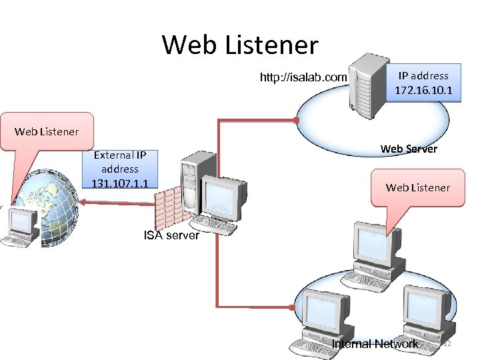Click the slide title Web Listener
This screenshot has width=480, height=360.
pyautogui.click(x=240, y=45)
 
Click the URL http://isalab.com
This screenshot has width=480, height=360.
pyautogui.click(x=303, y=78)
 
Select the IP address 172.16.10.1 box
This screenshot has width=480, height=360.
pyautogui.click(x=423, y=83)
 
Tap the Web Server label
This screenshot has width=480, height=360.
pyautogui.click(x=408, y=149)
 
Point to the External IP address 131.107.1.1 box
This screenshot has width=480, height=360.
pyautogui.click(x=120, y=169)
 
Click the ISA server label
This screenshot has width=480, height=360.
pyautogui.click(x=171, y=235)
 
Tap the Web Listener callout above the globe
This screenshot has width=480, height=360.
pyautogui.click(x=47, y=131)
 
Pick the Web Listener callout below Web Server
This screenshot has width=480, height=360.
pyautogui.click(x=417, y=187)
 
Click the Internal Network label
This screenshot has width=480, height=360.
pyautogui.click(x=375, y=344)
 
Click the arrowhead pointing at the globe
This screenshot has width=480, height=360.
pyautogui.click(x=83, y=201)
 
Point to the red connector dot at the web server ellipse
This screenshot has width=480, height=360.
pyautogui.click(x=297, y=120)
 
